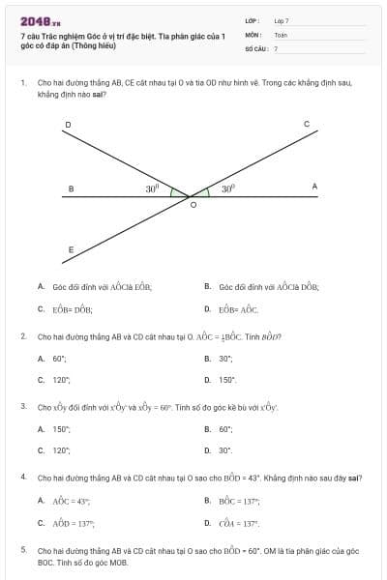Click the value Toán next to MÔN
pos(281,34)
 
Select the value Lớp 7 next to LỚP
pos(282,20)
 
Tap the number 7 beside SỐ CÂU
pos(276,47)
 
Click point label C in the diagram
pos(307,125)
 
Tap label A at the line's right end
pos(314,186)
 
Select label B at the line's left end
pos(70,188)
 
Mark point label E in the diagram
pos(70,249)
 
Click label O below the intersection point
pos(192,205)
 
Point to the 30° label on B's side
pos(152,189)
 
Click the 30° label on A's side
pos(228,189)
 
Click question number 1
pos(22,83)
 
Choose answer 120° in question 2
pos(62,380)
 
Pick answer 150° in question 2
pos(227,380)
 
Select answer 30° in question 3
pos(225,450)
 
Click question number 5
pos(22,549)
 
